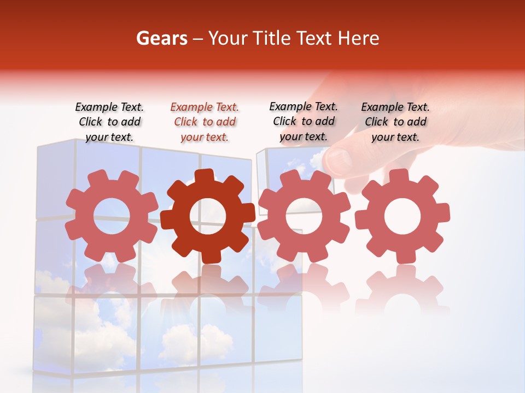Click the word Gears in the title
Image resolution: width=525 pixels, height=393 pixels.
tap(161, 38)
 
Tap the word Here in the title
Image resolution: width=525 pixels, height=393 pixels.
tap(358, 38)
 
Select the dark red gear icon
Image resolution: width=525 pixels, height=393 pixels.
tap(208, 216)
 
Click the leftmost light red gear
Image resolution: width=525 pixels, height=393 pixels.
tap(112, 216)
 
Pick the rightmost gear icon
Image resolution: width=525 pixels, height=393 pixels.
tap(402, 216)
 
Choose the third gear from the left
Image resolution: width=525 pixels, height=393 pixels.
tap(304, 216)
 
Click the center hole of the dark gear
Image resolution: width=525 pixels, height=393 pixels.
tap(208, 216)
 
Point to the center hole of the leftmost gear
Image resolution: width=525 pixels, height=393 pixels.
tap(112, 216)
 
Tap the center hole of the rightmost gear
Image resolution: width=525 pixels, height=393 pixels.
tap(402, 216)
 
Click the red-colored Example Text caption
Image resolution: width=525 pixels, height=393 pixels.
tap(205, 122)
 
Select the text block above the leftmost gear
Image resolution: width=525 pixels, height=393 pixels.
tap(109, 122)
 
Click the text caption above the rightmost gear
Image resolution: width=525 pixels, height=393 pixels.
tap(395, 122)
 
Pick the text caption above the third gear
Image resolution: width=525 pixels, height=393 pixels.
tap(304, 121)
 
